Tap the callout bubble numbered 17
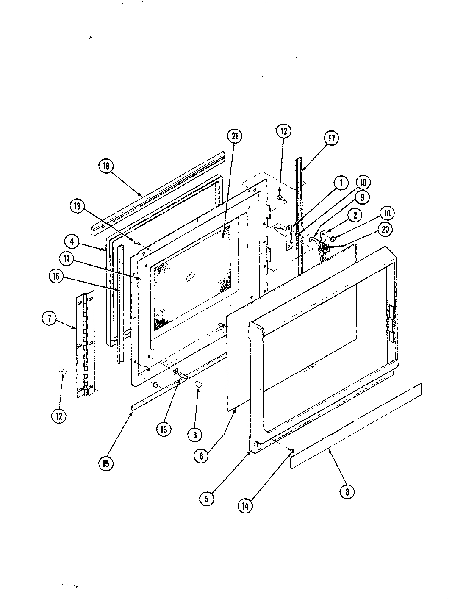click(332, 138)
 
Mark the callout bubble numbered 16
click(57, 277)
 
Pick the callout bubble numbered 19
click(164, 429)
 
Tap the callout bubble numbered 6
click(201, 456)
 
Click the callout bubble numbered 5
click(206, 499)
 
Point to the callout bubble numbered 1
click(341, 183)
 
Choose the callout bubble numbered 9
click(362, 197)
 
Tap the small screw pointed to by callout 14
click(292, 450)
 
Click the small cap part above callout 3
click(198, 384)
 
